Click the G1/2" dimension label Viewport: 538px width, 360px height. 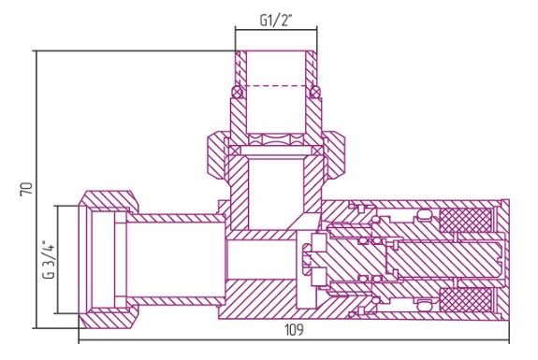(x=275, y=21)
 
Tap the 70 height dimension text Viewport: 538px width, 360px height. (x=27, y=189)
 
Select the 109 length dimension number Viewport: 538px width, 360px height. (x=294, y=330)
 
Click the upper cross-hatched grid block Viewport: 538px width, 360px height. (x=465, y=221)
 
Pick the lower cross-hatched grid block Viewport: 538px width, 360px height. (x=465, y=299)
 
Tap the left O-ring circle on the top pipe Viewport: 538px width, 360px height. (x=238, y=92)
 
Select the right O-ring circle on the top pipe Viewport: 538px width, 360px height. (x=314, y=92)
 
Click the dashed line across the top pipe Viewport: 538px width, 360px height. (x=276, y=85)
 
